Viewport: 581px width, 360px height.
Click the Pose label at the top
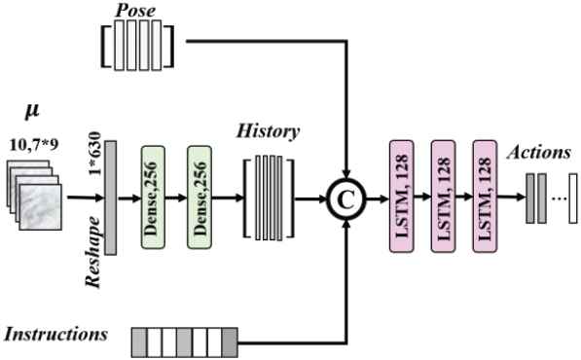[135, 10]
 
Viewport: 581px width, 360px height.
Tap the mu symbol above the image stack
[32, 110]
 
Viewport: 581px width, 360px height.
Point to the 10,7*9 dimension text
[34, 145]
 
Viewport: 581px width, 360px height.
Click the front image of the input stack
[41, 207]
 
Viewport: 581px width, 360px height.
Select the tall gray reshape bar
[110, 198]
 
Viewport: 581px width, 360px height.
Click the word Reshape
[92, 252]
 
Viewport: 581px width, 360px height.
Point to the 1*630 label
[95, 153]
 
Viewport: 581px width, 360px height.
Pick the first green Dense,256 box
[153, 198]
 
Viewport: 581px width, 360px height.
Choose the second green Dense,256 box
[200, 198]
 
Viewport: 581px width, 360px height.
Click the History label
[269, 131]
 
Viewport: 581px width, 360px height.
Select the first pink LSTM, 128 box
[401, 197]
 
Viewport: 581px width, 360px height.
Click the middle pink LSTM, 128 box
[443, 197]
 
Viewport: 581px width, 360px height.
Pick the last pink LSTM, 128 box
[485, 197]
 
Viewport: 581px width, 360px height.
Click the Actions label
[539, 152]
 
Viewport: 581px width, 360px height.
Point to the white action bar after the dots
[573, 198]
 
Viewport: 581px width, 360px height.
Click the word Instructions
[55, 334]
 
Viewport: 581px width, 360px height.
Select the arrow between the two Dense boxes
[176, 198]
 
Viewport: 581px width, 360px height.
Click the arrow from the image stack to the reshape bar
[86, 198]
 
